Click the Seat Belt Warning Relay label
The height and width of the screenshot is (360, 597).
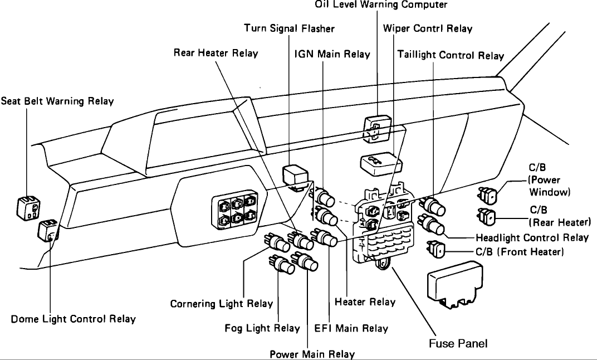point(57,101)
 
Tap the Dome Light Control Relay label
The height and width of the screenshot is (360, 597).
point(73,319)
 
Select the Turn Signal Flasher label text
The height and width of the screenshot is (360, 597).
point(290,28)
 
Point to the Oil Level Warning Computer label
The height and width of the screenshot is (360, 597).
point(381,5)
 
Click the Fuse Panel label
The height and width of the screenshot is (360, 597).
point(458,343)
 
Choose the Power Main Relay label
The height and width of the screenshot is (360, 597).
point(312,354)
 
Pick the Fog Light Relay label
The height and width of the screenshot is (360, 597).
point(262,328)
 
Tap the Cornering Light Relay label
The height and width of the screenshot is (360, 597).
point(222,304)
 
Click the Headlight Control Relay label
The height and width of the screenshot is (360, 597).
point(532,237)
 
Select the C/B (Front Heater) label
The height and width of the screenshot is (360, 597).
point(520,252)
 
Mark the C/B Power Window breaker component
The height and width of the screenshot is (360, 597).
point(488,194)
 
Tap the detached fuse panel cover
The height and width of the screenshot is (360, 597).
point(454,285)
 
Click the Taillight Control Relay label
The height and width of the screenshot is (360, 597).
point(451,55)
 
